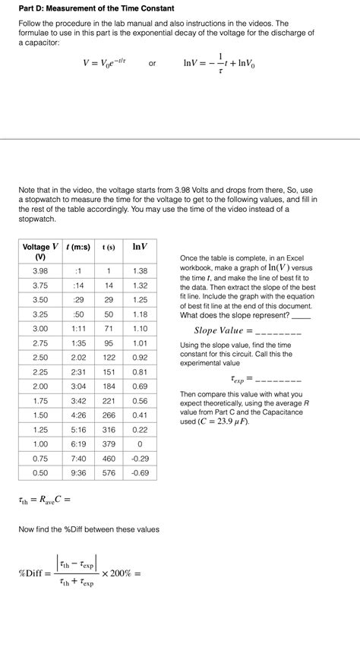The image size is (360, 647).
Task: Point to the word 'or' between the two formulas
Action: click(x=153, y=64)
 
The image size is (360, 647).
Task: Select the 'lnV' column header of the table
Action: click(x=140, y=247)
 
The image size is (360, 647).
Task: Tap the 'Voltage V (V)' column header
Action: click(x=40, y=252)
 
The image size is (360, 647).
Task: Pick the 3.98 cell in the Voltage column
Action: click(x=40, y=271)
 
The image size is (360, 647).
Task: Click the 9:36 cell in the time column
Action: click(x=78, y=472)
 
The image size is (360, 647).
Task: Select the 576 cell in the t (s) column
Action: click(x=109, y=472)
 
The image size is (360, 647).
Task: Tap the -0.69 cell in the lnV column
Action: click(x=140, y=472)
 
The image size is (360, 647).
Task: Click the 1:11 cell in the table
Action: click(x=78, y=329)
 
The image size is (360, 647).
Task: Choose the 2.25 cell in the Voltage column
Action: click(x=40, y=372)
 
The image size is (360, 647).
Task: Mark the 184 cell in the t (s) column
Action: click(x=109, y=387)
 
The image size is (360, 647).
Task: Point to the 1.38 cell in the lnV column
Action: click(x=140, y=271)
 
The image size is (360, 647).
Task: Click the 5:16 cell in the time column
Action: click(x=78, y=430)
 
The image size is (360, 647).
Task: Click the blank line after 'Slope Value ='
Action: click(x=279, y=332)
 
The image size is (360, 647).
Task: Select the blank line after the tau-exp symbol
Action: click(x=279, y=379)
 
